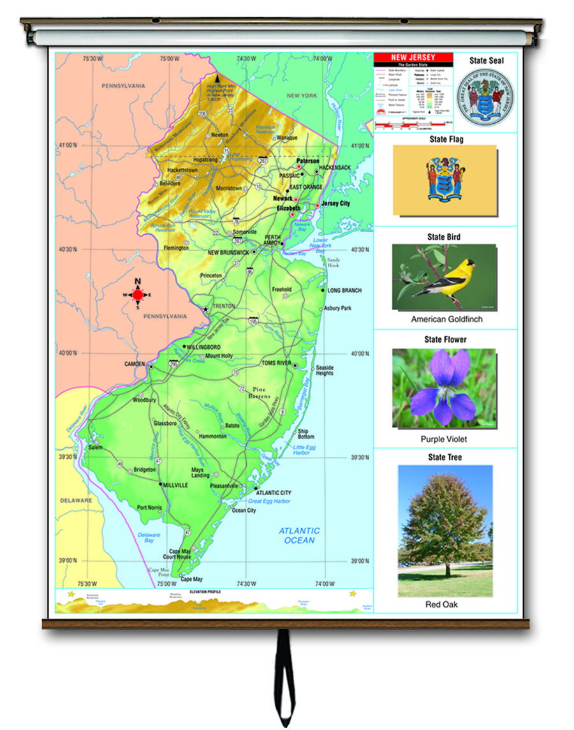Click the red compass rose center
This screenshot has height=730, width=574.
tap(138, 295)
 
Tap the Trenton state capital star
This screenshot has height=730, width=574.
tap(205, 309)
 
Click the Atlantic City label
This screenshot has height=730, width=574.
tap(273, 493)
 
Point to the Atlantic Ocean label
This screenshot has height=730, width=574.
tap(299, 535)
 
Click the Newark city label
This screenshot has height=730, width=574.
tap(283, 198)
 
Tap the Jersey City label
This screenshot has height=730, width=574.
tap(335, 204)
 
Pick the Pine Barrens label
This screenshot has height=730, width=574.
tap(258, 392)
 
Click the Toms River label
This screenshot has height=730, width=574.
tap(276, 362)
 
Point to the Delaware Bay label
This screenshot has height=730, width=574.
tap(149, 537)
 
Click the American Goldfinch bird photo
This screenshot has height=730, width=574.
tap(444, 277)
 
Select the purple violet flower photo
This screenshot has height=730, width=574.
tap(444, 388)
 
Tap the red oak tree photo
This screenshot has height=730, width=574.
tap(445, 531)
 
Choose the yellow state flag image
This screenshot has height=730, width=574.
tap(445, 180)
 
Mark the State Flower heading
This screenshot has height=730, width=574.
tap(445, 339)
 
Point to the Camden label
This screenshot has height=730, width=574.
tap(135, 364)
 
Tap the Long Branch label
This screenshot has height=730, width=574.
tap(344, 290)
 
